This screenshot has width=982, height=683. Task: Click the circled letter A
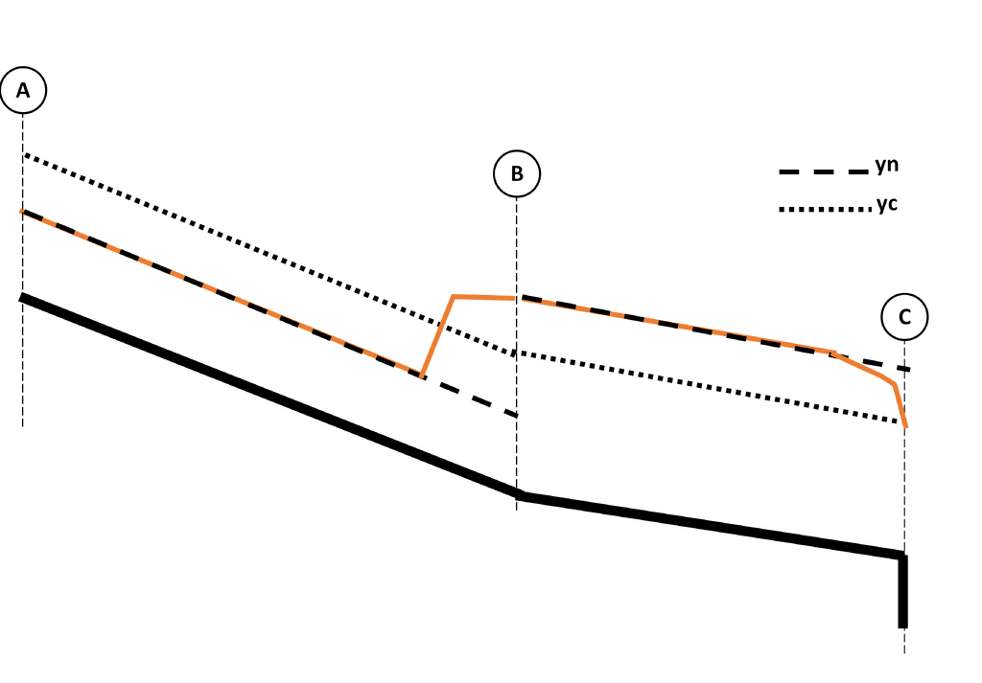coord(23,90)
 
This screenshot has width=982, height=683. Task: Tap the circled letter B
coord(517,173)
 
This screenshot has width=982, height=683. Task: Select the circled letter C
coord(904,317)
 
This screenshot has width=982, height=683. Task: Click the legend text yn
coord(887,165)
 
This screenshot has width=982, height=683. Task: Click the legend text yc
coord(887,204)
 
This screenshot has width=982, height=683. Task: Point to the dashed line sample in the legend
coord(824,171)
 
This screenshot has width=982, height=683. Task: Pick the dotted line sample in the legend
coord(826,209)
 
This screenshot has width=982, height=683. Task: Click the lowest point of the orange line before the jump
coord(422,376)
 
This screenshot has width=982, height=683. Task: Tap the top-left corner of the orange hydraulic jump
coord(454,296)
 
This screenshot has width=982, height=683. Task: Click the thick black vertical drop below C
coord(902,591)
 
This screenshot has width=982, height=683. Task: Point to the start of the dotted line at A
coord(24,155)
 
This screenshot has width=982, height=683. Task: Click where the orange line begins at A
coord(23,212)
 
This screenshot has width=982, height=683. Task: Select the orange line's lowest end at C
coord(906,426)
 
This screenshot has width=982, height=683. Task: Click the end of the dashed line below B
coord(517,415)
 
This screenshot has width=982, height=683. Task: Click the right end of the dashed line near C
coord(909,370)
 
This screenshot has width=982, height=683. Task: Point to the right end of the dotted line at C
coord(900,421)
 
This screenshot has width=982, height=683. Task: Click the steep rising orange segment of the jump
coord(437,336)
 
